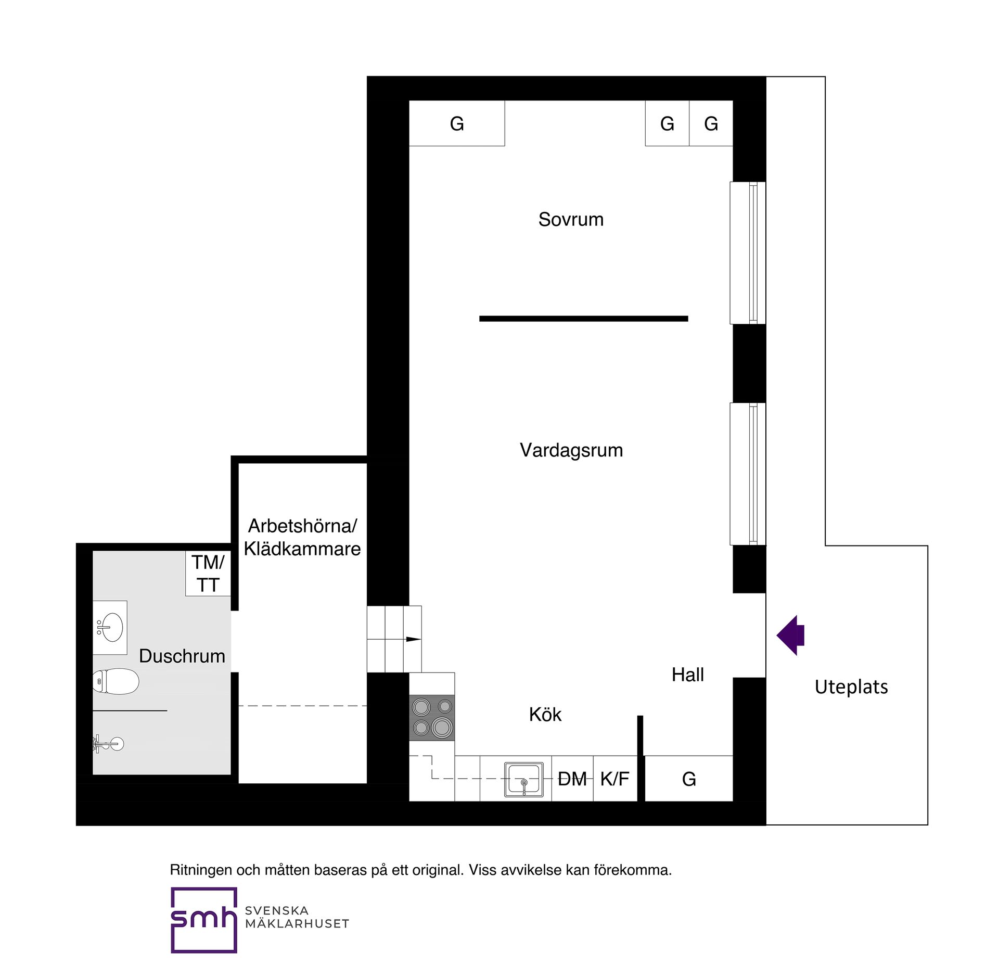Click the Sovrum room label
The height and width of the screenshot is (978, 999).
[571, 220]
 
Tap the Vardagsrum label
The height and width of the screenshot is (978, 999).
[571, 450]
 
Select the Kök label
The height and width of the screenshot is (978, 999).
[545, 715]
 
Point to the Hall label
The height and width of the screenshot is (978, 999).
[687, 675]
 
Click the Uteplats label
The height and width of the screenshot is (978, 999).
[851, 687]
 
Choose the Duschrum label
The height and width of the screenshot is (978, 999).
[182, 656]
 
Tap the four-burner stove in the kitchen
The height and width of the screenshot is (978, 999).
[432, 717]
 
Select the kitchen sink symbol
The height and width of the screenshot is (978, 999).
[523, 779]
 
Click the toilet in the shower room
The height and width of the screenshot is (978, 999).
[117, 681]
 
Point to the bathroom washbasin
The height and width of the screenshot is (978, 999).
[110, 627]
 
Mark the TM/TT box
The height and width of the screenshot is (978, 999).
[208, 574]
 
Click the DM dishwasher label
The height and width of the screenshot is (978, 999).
[572, 779]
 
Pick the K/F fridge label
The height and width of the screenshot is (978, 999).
[614, 779]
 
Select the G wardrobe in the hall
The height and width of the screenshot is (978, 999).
[689, 779]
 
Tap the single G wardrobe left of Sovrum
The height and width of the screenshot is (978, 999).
[457, 124]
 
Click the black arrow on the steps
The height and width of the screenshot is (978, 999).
[413, 639]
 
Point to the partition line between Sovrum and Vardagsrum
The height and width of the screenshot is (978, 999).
[583, 319]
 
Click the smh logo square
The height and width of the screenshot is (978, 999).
[203, 920]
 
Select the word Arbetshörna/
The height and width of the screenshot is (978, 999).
[302, 526]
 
